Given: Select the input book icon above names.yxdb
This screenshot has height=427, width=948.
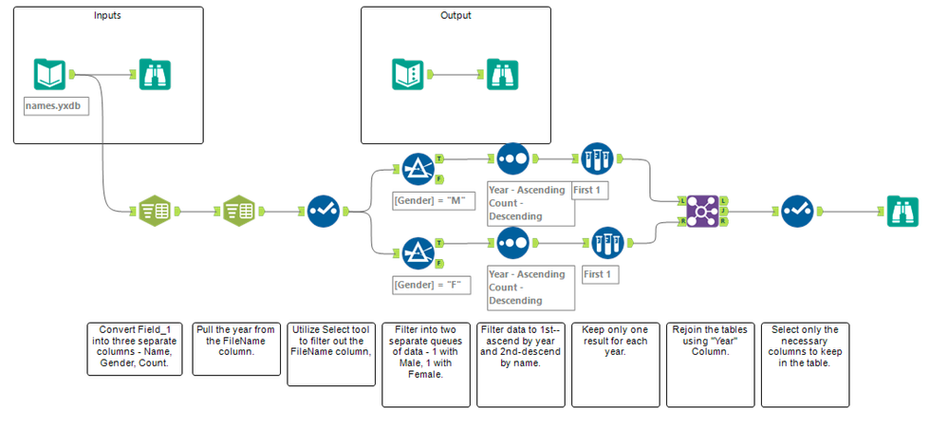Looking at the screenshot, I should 49,74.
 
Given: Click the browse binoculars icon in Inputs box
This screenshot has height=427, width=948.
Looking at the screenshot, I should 154,74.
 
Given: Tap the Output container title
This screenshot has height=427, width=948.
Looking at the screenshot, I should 455,16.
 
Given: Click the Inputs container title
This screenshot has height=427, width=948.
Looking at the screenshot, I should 107,16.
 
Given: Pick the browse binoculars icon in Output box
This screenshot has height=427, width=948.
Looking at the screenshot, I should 502,74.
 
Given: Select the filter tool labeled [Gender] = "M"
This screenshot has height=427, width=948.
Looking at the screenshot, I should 418,168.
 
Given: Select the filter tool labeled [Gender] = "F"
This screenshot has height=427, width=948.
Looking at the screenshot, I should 418,253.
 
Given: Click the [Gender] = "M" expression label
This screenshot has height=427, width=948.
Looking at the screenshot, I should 425,201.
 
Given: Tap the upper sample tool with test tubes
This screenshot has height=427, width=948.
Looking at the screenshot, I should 597,158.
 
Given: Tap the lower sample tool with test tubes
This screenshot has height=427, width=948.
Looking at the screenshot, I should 606,243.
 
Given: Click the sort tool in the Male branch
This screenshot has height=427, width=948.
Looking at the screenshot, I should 512,158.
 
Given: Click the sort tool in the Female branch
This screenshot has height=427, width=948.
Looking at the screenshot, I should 512,243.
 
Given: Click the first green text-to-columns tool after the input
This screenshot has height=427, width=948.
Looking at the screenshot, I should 154,211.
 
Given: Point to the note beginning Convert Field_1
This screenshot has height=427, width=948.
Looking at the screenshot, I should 134,349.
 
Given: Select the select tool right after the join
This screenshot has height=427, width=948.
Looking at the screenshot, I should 796,211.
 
